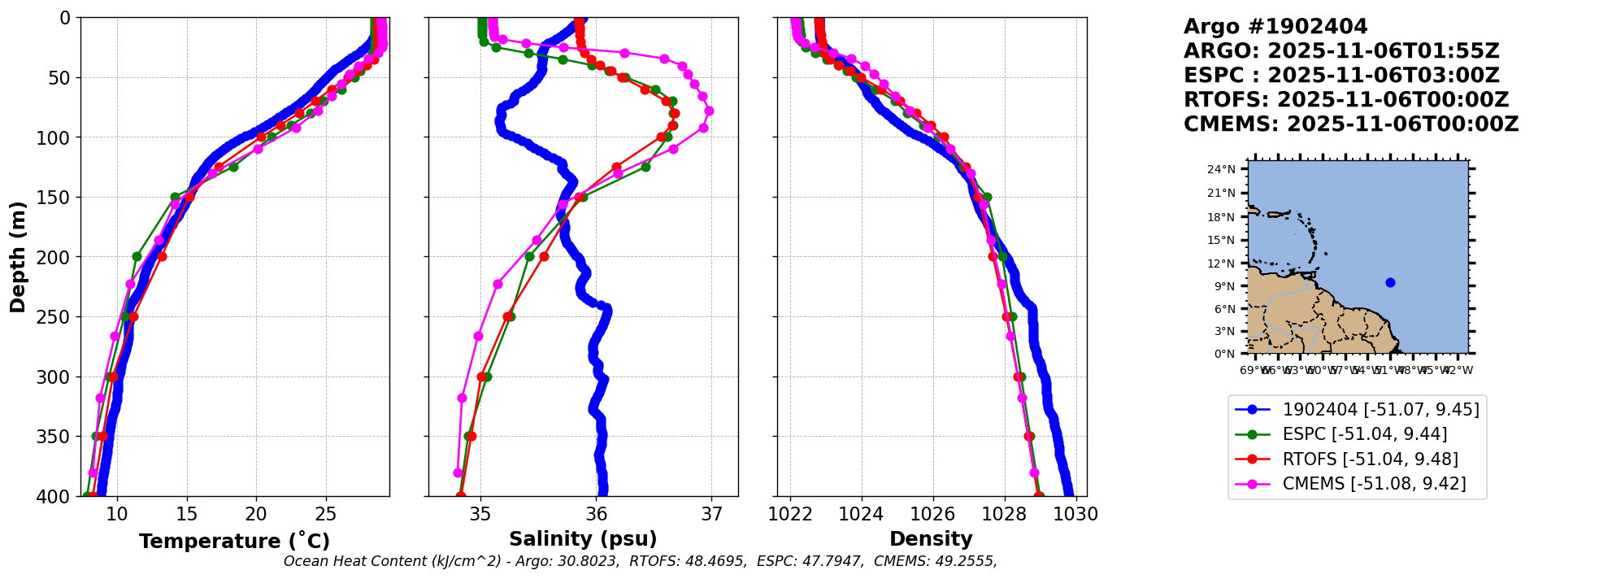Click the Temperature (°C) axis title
pos(234,542)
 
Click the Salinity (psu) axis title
pos(583,539)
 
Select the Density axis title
pos(931,539)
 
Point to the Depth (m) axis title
pos(17,257)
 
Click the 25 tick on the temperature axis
pos(326,515)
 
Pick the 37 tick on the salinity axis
pos(712,515)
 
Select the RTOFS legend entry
pos(1370,459)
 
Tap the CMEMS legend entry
pos(1374,484)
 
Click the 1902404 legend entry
pos(1380,410)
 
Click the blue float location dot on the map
pos(1390,283)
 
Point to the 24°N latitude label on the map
pos(1221,170)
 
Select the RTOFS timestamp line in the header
pos(1346,100)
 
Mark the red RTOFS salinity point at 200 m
pos(544,257)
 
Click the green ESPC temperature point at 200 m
pos(137,257)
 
